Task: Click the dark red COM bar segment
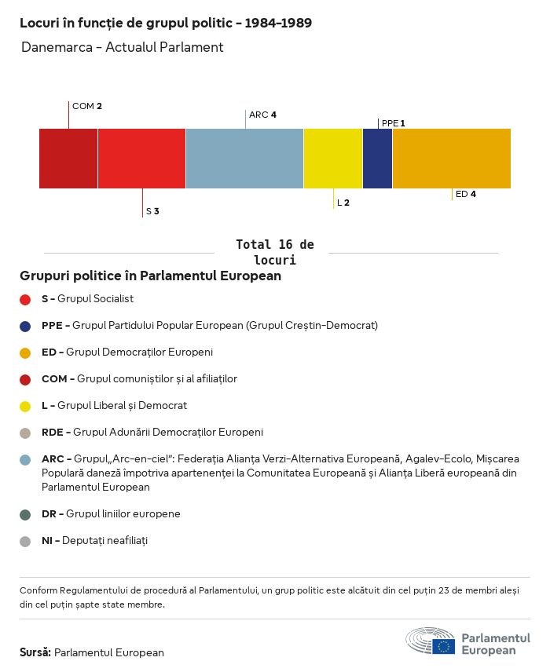[x=68, y=159]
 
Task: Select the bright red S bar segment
[x=141, y=159]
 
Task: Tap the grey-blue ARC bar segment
[x=244, y=159]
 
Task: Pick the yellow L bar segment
[x=333, y=159]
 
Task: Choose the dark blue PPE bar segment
[x=377, y=159]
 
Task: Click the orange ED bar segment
[x=451, y=159]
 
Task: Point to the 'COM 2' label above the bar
[x=87, y=106]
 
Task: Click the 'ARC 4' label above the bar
[x=262, y=115]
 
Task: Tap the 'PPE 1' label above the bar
[x=393, y=123]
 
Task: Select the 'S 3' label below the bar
[x=152, y=211]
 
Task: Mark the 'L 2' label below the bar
[x=343, y=203]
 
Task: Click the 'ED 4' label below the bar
[x=466, y=194]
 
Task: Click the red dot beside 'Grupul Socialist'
[x=25, y=299]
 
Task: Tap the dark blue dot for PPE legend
[x=25, y=326]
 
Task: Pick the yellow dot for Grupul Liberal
[x=25, y=406]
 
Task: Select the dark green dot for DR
[x=25, y=514]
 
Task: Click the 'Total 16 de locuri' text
[x=274, y=252]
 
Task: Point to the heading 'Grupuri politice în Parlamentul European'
[x=150, y=276]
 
